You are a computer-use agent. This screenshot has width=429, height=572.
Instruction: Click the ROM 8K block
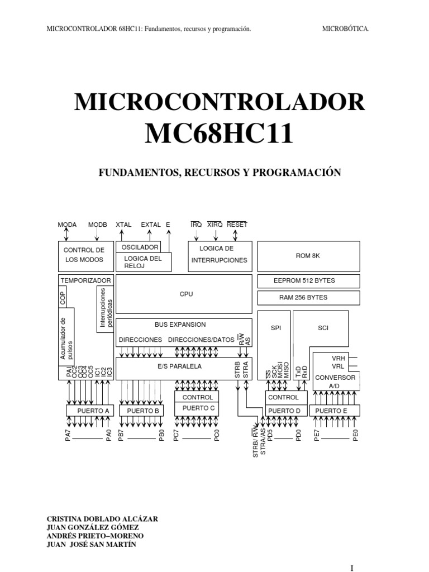308,256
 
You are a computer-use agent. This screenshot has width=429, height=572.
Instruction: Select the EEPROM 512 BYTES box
308,281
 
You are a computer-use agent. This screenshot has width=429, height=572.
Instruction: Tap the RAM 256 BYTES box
308,298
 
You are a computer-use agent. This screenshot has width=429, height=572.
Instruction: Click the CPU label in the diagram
186,294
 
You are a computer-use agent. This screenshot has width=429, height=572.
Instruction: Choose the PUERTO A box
90,411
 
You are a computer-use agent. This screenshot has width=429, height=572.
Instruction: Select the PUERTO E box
335,411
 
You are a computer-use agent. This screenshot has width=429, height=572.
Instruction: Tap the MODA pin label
67,225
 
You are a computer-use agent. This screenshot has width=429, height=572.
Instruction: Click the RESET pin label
237,225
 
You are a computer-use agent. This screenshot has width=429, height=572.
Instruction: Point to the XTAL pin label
123,225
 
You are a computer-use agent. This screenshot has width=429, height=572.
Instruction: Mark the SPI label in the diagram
276,328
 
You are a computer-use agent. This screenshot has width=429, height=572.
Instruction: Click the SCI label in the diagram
323,328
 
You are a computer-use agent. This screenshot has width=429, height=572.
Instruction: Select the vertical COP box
63,297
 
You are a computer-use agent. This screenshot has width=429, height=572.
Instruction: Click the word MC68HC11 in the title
219,134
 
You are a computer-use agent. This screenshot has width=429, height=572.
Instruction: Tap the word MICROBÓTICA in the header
345,29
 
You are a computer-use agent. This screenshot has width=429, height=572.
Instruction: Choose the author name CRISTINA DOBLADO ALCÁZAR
102,519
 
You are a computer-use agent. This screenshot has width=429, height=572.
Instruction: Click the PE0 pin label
356,435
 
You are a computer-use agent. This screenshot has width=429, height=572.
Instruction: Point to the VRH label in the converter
338,358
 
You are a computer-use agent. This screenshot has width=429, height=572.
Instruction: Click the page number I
352,568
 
